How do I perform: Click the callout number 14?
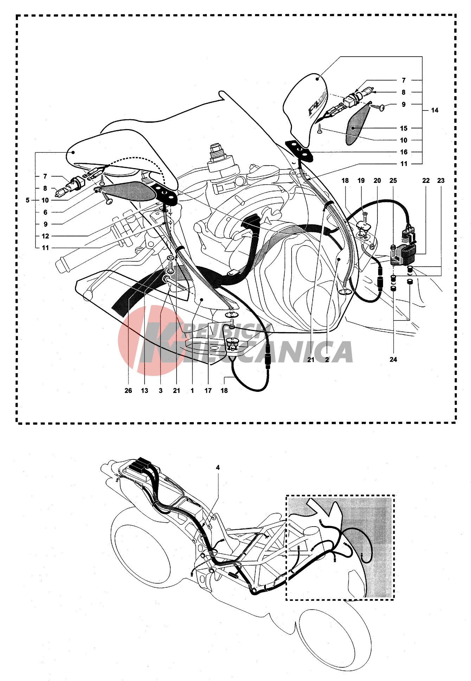(x=435, y=110)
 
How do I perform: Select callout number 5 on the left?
(x=27, y=200)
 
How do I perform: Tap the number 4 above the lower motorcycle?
(x=218, y=467)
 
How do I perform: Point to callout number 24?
(x=393, y=359)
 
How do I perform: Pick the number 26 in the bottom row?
(x=128, y=390)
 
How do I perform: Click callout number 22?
(x=426, y=180)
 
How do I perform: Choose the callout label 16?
(x=404, y=152)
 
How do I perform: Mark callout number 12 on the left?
(x=45, y=236)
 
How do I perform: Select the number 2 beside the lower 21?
(x=327, y=359)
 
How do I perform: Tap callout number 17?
(x=208, y=390)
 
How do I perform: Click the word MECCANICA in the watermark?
(x=267, y=352)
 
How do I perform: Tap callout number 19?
(x=361, y=180)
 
